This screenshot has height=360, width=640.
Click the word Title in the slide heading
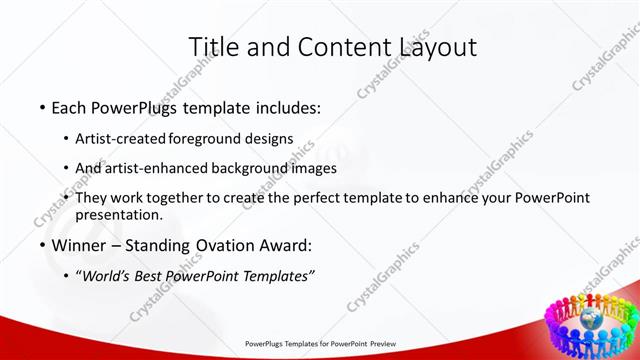(213, 47)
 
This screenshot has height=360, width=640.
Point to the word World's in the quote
(105, 276)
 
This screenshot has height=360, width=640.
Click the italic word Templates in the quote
(277, 276)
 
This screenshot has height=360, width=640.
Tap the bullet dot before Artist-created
(66, 138)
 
